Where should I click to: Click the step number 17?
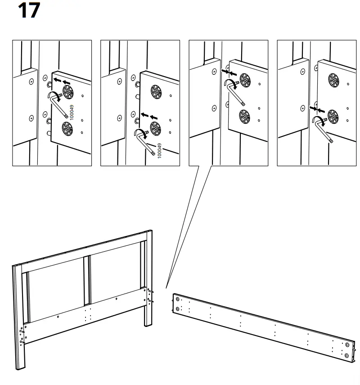coord(29,11)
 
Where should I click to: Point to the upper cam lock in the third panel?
coord(245,80)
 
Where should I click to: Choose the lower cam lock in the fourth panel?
coord(333,116)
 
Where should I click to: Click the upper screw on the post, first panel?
coord(31,82)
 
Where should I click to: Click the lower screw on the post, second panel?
coord(119,118)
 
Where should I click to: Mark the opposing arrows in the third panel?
coord(229,72)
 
